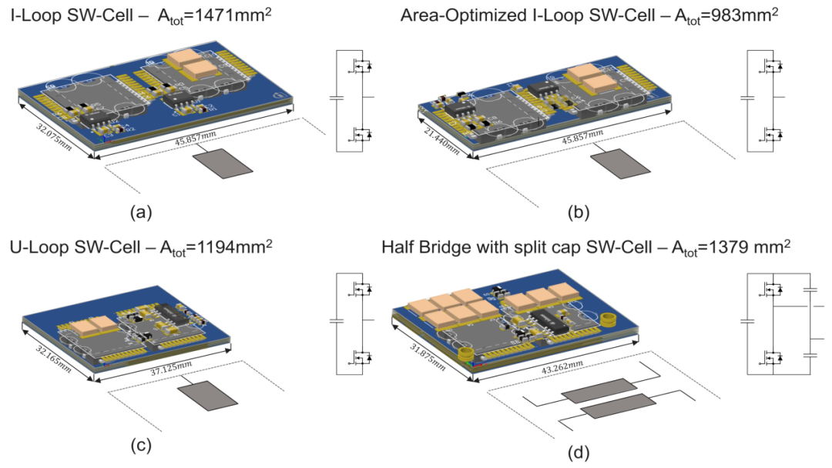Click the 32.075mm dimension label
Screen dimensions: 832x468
tap(54, 136)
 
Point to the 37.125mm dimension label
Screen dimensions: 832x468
tap(171, 368)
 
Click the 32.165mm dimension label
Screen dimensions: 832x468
tap(54, 358)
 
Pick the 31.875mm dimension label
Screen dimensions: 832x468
tap(428, 356)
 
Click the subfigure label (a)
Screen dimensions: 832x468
tap(141, 212)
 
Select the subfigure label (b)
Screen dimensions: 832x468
tap(579, 212)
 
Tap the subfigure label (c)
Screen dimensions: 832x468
tap(141, 446)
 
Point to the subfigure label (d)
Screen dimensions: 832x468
tap(579, 452)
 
